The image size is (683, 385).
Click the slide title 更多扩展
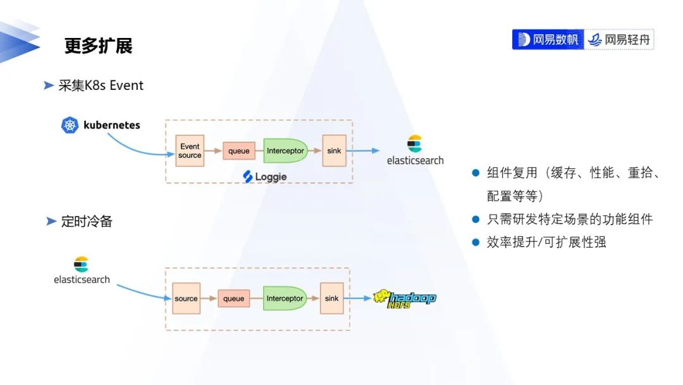coord(98,46)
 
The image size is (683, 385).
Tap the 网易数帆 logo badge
coord(548,39)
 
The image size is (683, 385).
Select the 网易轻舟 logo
coord(619,39)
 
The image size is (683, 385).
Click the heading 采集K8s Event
coord(101,85)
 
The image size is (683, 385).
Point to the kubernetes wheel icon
coord(70,125)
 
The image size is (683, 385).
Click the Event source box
coord(190,151)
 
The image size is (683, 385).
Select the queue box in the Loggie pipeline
coord(238,151)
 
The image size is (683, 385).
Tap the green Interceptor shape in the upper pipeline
coord(285,151)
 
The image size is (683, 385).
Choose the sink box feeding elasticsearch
coord(334,151)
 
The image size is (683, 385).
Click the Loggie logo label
coord(265,177)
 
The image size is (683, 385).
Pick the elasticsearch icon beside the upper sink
coord(415,144)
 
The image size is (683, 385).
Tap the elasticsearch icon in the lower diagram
coord(81,264)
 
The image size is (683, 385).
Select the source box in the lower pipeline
coord(186,298)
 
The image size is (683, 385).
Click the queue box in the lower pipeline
coord(233,298)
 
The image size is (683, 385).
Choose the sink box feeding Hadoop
coord(331,298)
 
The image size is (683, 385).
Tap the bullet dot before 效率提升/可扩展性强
coord(476,243)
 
